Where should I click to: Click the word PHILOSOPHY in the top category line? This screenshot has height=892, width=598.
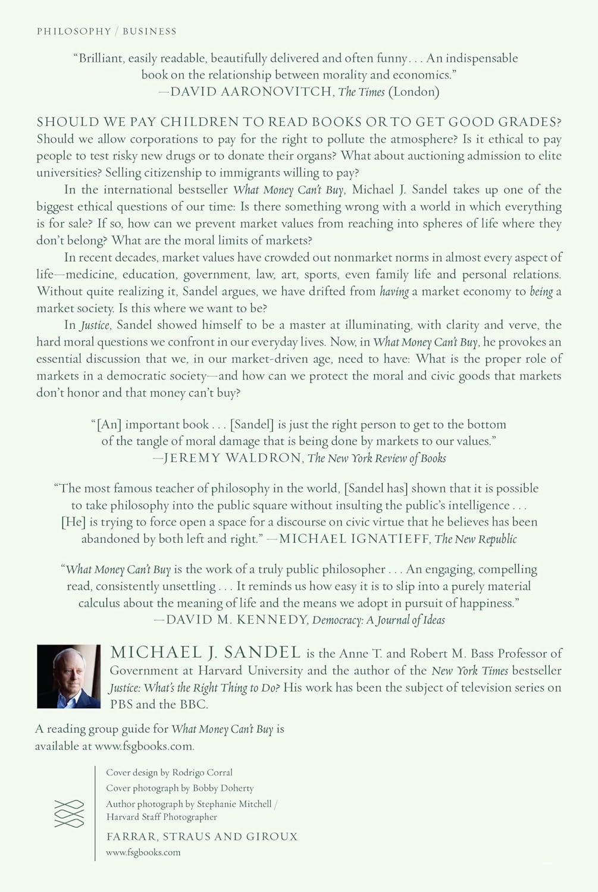(74, 31)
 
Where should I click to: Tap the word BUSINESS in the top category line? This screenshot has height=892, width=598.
(149, 31)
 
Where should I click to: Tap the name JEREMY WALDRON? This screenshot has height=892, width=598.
(232, 458)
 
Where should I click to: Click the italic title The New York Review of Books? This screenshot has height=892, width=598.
(377, 458)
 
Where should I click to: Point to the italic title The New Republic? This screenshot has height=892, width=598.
(475, 539)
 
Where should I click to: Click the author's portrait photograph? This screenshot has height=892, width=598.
(68, 676)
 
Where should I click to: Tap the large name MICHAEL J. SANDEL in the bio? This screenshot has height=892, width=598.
(205, 652)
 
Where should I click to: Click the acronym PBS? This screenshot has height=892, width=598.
(121, 704)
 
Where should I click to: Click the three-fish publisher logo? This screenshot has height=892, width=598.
(69, 814)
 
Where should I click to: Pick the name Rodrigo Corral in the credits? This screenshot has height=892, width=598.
(202, 772)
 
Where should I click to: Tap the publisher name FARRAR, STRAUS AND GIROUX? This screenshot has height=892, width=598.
(202, 837)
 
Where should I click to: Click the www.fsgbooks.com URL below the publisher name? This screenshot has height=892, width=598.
(143, 852)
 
